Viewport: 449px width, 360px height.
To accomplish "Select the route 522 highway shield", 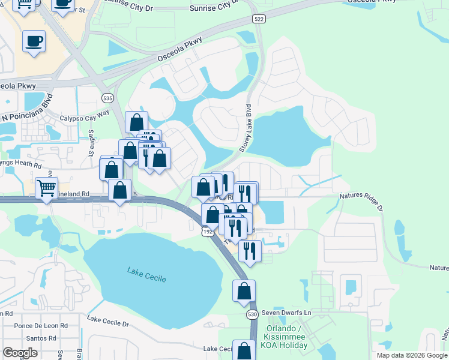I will coord(259,20).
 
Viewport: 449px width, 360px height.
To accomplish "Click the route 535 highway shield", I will coord(107,98).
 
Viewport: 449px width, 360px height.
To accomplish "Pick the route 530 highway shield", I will coord(252,314).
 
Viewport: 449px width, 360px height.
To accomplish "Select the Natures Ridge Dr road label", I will coord(361,200).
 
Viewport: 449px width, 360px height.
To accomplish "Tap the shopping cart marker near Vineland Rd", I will coord(46,188).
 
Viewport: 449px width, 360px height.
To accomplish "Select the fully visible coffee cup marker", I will coord(34,41).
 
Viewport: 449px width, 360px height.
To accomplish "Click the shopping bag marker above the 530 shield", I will coord(244,291).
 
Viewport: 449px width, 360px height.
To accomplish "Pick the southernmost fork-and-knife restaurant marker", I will coord(250,251).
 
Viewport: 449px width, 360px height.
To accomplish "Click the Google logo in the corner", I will coord(20,353).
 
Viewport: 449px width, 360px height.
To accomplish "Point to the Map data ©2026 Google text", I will coord(411,355).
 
